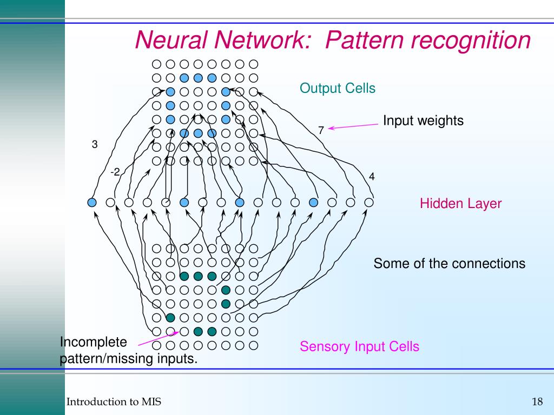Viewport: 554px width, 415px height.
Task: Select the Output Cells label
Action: click(x=338, y=88)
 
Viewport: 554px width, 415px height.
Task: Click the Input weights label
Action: click(x=423, y=121)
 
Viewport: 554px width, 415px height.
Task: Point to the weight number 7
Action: click(x=321, y=130)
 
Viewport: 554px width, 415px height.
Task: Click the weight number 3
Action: click(x=95, y=144)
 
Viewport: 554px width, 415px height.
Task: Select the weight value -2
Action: click(x=115, y=172)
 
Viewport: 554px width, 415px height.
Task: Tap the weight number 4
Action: click(x=372, y=177)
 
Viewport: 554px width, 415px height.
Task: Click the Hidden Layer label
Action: click(x=461, y=204)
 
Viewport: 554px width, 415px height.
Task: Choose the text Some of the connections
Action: click(x=450, y=264)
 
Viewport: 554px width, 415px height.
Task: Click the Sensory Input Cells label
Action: click(x=359, y=346)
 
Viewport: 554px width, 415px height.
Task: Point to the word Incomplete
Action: click(x=93, y=342)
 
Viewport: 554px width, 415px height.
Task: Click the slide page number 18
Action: click(x=537, y=401)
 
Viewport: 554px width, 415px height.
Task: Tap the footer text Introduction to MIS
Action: click(x=114, y=401)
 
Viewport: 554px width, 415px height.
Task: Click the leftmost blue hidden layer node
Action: click(x=92, y=203)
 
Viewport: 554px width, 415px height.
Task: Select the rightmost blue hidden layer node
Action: click(x=313, y=203)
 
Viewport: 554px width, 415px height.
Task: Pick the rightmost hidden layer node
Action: click(x=369, y=203)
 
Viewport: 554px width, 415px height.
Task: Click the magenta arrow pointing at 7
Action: click(x=353, y=126)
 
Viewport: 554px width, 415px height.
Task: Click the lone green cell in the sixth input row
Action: click(x=170, y=318)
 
